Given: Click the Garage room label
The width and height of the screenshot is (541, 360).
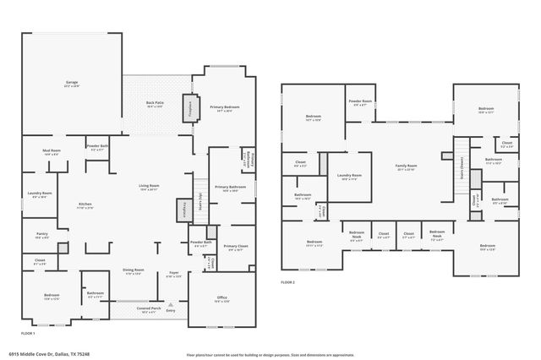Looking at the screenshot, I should (72, 83).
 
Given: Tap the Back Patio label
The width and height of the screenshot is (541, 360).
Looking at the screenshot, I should (155, 102).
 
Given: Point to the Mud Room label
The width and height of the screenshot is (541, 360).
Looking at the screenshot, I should (51, 152).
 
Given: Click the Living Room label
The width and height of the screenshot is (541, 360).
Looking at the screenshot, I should (149, 186).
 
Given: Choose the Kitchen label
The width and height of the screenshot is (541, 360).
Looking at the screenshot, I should (85, 204).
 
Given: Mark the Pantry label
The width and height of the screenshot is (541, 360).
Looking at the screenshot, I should (42, 234).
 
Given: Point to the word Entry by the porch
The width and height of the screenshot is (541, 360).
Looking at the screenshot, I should (172, 310).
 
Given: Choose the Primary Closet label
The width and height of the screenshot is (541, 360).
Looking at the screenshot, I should (236, 247).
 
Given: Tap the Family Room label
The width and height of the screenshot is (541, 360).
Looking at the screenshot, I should (406, 165).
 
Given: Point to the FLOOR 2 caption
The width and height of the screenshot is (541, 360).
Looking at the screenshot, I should (288, 281).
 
